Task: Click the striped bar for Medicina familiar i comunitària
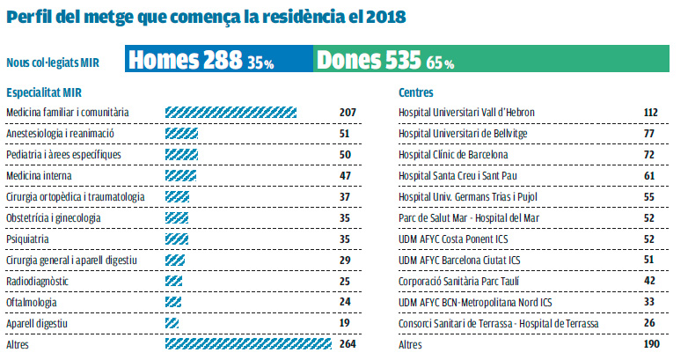(x=231, y=113)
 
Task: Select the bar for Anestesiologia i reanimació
(x=181, y=134)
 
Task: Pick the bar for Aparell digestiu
(x=172, y=323)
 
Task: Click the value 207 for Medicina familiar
(x=347, y=113)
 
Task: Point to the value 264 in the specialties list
(x=347, y=344)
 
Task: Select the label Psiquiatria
(x=27, y=239)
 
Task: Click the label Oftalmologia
(x=31, y=302)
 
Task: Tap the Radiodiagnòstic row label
(x=36, y=281)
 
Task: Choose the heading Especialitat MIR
(x=43, y=92)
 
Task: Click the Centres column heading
(x=415, y=92)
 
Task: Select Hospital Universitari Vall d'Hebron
(x=466, y=113)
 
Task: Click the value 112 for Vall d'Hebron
(x=651, y=113)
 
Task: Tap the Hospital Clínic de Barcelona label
(x=455, y=155)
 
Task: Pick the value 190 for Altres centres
(x=651, y=344)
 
